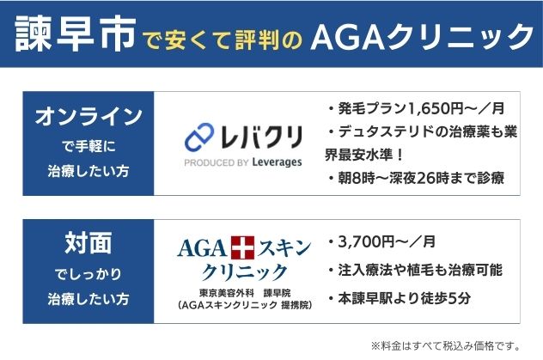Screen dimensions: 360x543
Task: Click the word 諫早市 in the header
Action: tap(76, 35)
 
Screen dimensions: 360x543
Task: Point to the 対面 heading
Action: tap(88, 245)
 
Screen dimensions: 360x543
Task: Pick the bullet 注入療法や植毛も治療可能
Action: tap(415, 270)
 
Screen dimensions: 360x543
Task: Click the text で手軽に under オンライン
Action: tap(88, 144)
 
